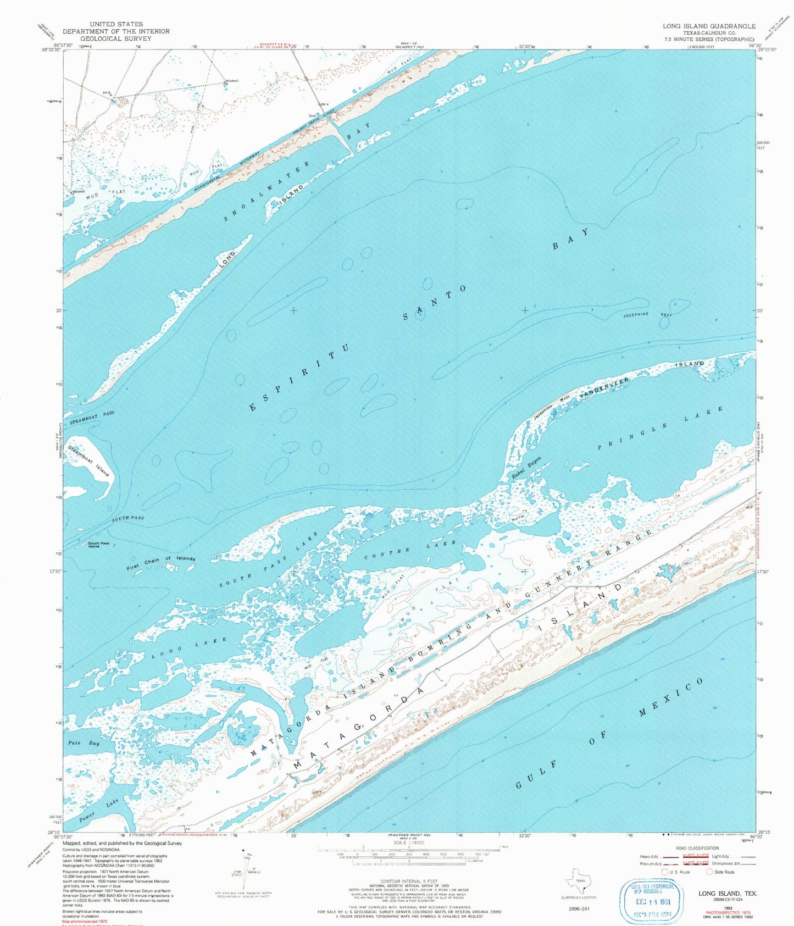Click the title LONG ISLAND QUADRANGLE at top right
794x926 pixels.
[709, 26]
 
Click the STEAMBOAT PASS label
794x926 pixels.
[92, 417]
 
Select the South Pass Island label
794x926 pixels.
[94, 545]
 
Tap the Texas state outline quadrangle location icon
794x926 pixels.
[579, 881]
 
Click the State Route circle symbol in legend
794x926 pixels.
[709, 872]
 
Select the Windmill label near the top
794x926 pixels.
[231, 81]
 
